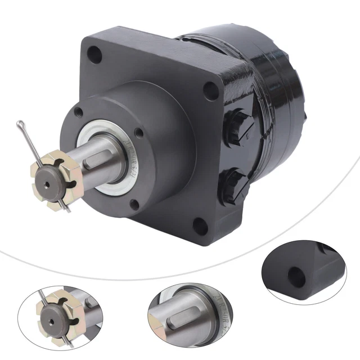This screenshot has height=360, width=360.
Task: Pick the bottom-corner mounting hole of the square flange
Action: click(199, 226)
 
